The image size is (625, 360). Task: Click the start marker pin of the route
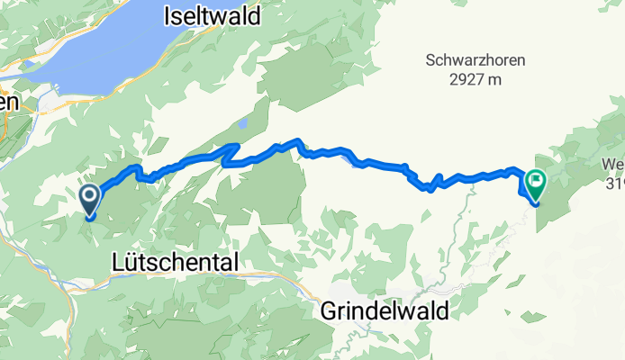coord(90,197)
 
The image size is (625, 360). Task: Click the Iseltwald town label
coord(213,15)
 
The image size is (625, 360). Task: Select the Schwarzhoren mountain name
coord(475,60)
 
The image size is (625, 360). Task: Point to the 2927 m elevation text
coord(476,79)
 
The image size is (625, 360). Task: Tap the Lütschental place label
coord(176,262)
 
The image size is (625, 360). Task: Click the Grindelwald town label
coord(385,309)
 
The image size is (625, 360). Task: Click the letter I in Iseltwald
coord(168,15)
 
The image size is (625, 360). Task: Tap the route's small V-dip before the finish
coord(430,187)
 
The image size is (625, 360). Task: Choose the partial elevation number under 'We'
coord(615,185)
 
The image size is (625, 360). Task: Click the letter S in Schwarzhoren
coord(430,60)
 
